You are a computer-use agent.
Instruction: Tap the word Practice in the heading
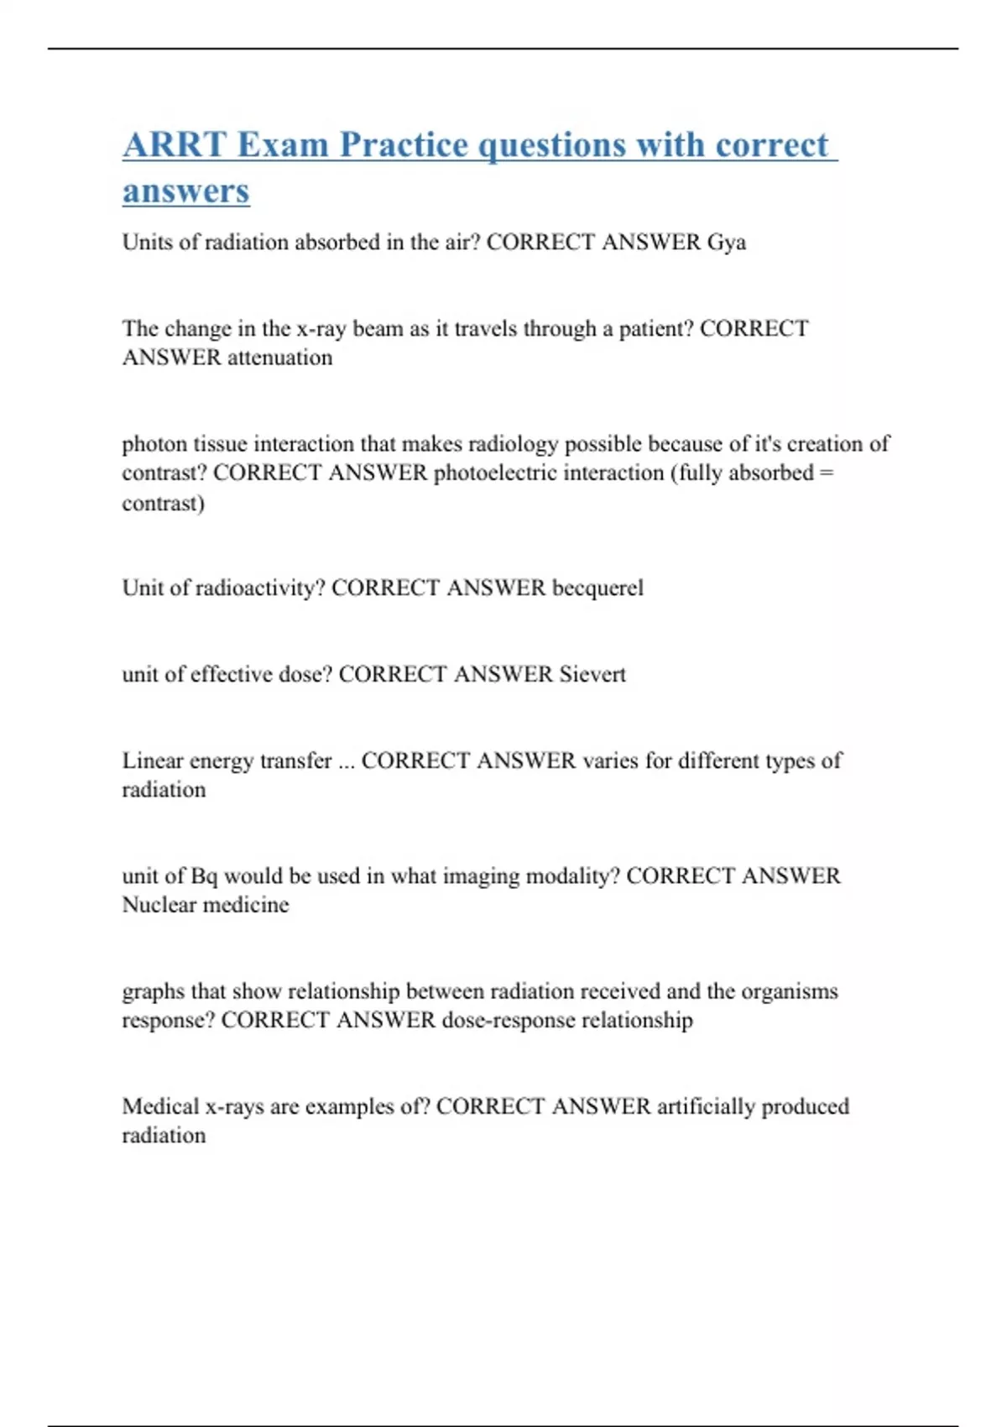pos(404,144)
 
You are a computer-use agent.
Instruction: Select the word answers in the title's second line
pos(185,191)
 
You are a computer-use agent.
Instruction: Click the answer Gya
pos(726,243)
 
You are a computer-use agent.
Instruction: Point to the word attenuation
pos(279,358)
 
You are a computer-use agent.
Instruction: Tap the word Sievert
pos(592,674)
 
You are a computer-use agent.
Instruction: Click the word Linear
pos(152,761)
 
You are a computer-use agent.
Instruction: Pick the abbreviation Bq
pos(204,876)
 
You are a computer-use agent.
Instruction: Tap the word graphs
pos(152,992)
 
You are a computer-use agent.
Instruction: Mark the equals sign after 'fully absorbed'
pos(826,473)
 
